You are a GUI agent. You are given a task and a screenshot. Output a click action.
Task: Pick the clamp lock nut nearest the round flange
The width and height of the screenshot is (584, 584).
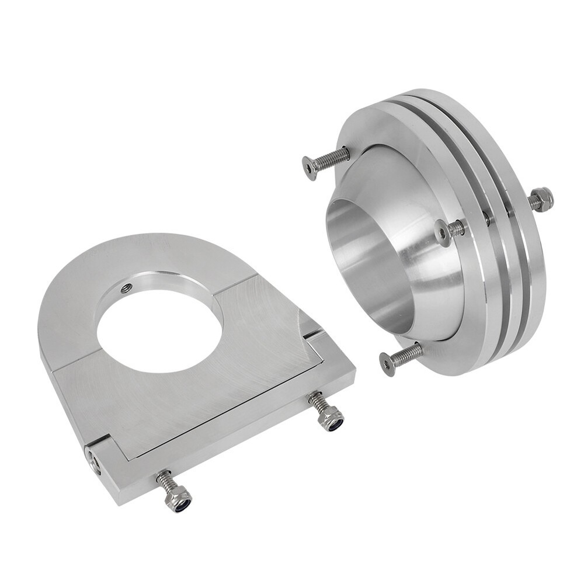(x=331, y=419)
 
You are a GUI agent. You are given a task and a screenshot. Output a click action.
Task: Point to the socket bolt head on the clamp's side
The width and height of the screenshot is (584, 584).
(x=93, y=461)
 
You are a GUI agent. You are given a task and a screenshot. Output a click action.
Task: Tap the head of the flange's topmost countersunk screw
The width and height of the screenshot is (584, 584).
(x=310, y=168)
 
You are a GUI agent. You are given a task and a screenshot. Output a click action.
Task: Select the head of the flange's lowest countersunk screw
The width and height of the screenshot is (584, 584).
(x=387, y=363)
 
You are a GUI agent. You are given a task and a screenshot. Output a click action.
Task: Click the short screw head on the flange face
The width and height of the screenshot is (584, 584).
(x=444, y=232)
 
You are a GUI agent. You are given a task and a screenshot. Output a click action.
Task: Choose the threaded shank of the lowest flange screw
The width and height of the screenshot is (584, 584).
(x=409, y=353)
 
